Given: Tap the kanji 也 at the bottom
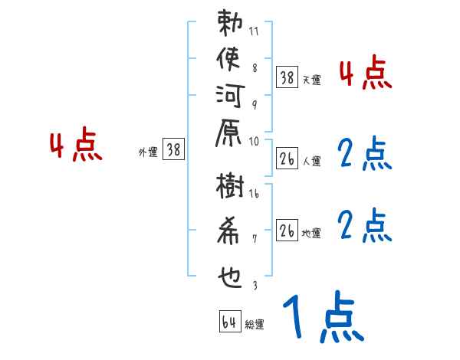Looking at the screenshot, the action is (x=230, y=272).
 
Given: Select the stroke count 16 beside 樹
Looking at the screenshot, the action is (x=254, y=195).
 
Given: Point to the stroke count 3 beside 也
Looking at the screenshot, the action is (x=255, y=285).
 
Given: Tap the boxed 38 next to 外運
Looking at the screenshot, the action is (x=174, y=150).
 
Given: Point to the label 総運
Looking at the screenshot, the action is (x=255, y=325).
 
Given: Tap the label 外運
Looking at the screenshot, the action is (x=148, y=152).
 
